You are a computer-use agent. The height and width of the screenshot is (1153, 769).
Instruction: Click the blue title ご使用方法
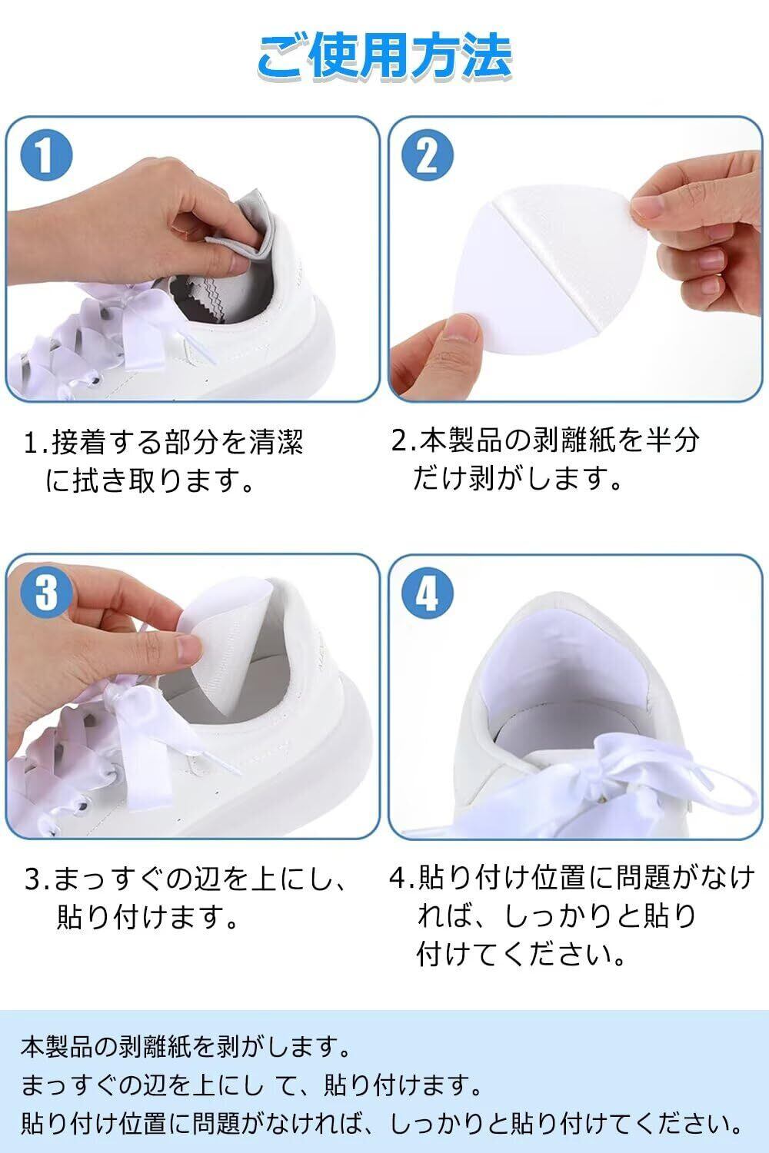[x=384, y=57]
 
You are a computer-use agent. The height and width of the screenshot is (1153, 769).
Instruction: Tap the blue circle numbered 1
[x=46, y=155]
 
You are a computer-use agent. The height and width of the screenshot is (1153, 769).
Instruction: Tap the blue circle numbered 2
[x=427, y=155]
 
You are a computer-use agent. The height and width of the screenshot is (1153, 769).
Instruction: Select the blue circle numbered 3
[x=46, y=592]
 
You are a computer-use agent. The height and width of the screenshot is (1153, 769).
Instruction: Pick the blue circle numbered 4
[x=427, y=592]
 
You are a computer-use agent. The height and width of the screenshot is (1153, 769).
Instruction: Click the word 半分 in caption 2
[x=673, y=440]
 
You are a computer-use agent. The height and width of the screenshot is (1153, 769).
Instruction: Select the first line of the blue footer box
[x=185, y=1046]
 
